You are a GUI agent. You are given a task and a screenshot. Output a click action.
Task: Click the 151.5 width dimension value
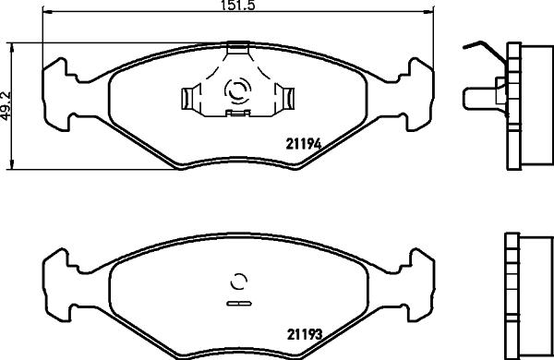pos(238,6)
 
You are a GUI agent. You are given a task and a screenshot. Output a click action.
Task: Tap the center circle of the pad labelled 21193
pos(238,282)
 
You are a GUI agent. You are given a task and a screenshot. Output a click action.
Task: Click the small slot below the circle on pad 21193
pos(238,302)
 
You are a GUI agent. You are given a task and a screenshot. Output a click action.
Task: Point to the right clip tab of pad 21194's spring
pos(287,96)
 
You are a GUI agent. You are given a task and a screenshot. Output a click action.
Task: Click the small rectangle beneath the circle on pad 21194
pos(238,114)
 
